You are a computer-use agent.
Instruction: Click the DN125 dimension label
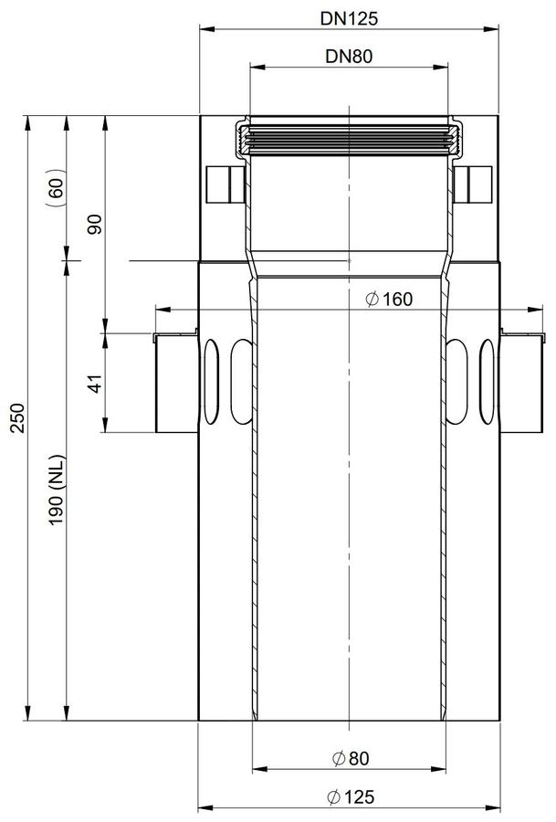pos(349,19)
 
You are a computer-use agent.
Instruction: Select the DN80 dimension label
pos(349,56)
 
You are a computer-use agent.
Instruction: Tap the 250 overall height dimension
pos(17,417)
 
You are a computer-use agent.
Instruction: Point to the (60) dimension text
pos(57,187)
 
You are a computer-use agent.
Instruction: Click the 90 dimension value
pos(96,225)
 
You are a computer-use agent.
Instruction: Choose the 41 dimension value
pos(96,383)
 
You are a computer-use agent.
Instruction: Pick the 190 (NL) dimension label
pos(57,490)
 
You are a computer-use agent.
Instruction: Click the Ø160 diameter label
pos(389,300)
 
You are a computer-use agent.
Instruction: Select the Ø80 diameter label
pos(351,758)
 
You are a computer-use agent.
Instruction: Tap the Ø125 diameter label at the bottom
pos(351,797)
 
